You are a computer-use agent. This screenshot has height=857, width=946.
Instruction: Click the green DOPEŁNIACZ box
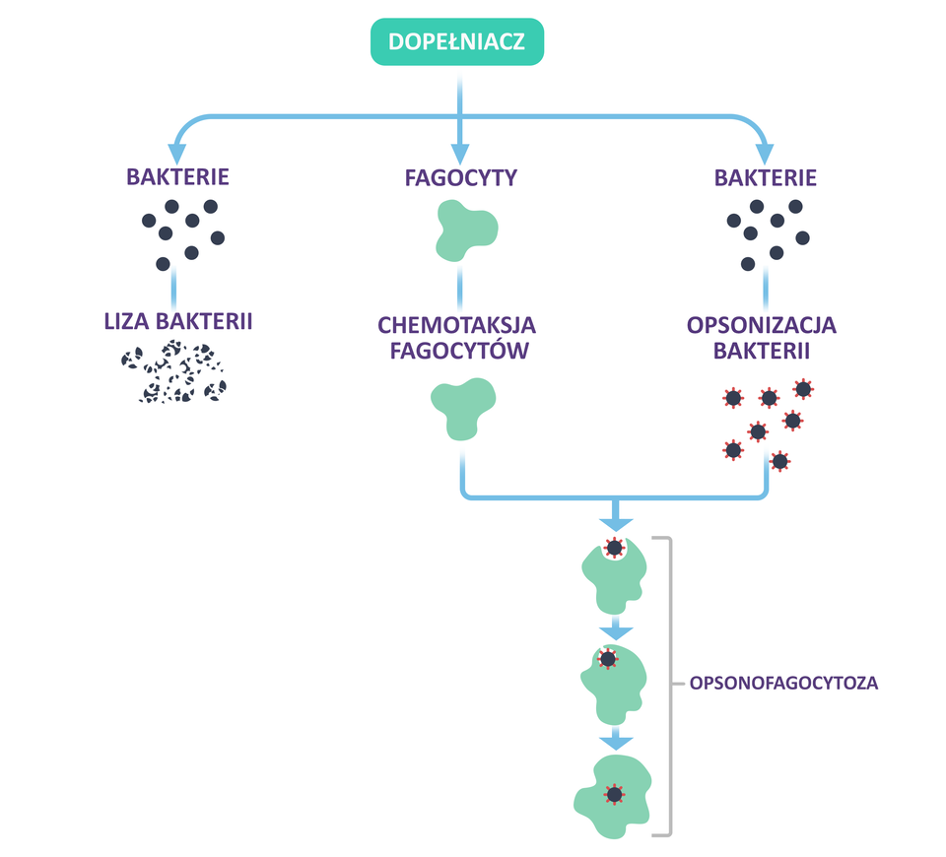pyautogui.click(x=456, y=42)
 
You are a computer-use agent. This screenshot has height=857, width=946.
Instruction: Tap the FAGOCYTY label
pyautogui.click(x=461, y=178)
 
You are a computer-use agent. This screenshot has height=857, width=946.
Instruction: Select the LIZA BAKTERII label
pyautogui.click(x=178, y=321)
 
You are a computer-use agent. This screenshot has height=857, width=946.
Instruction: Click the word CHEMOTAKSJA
pyautogui.click(x=456, y=324)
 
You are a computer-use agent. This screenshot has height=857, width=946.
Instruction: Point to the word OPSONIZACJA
pyautogui.click(x=763, y=324)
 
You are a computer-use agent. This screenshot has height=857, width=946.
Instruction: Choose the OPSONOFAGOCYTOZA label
pyautogui.click(x=783, y=682)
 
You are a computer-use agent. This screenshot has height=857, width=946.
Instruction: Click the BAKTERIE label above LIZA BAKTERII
pyautogui.click(x=177, y=177)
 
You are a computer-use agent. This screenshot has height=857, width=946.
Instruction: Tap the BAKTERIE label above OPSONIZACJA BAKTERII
pyautogui.click(x=766, y=178)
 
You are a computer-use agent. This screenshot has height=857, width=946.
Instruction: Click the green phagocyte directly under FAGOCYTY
pyautogui.click(x=465, y=231)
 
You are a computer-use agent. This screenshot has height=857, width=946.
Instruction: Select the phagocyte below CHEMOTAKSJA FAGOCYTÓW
pyautogui.click(x=463, y=408)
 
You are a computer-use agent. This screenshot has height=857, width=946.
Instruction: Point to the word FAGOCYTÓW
pyautogui.click(x=457, y=351)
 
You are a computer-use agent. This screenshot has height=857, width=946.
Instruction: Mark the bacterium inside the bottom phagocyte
pyautogui.click(x=615, y=794)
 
